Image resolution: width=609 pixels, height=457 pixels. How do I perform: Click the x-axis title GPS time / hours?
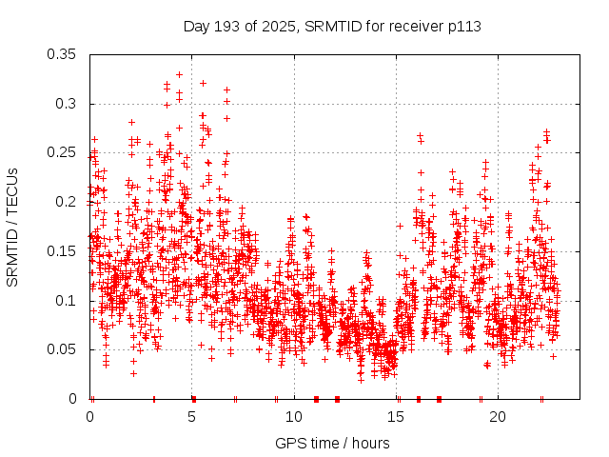(332, 443)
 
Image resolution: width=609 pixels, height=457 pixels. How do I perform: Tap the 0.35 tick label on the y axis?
(64, 54)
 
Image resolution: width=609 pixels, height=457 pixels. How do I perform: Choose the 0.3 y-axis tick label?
(69, 104)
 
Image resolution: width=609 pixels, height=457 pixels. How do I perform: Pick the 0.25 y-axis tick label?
(64, 152)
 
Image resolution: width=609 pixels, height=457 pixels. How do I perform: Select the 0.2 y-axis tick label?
(69, 202)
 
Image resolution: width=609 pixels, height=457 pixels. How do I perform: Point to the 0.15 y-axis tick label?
(64, 251)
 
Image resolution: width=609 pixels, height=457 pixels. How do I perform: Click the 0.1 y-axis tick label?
(69, 301)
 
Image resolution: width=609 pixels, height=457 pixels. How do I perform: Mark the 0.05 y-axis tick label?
(64, 349)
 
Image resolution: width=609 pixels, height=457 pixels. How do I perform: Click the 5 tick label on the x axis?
(192, 417)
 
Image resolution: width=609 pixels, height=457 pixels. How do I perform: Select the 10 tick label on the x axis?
(294, 417)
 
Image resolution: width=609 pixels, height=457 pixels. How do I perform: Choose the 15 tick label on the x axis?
(396, 417)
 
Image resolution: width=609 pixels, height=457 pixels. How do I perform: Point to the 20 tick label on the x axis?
(498, 417)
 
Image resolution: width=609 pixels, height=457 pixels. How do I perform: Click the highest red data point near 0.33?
(179, 74)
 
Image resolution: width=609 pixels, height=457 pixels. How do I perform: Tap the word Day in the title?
(196, 26)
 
